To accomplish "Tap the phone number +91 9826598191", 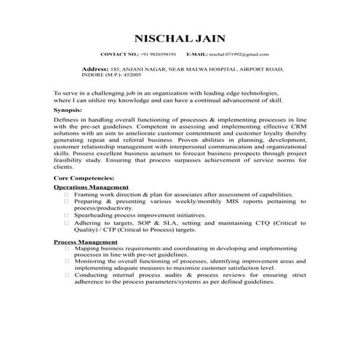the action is tap(159, 55).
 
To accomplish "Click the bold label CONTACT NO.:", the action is tap(119, 55).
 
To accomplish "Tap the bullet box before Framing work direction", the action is tap(67, 195).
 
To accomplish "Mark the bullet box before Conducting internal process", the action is tap(67, 276).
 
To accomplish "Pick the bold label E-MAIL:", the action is tap(196, 55).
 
